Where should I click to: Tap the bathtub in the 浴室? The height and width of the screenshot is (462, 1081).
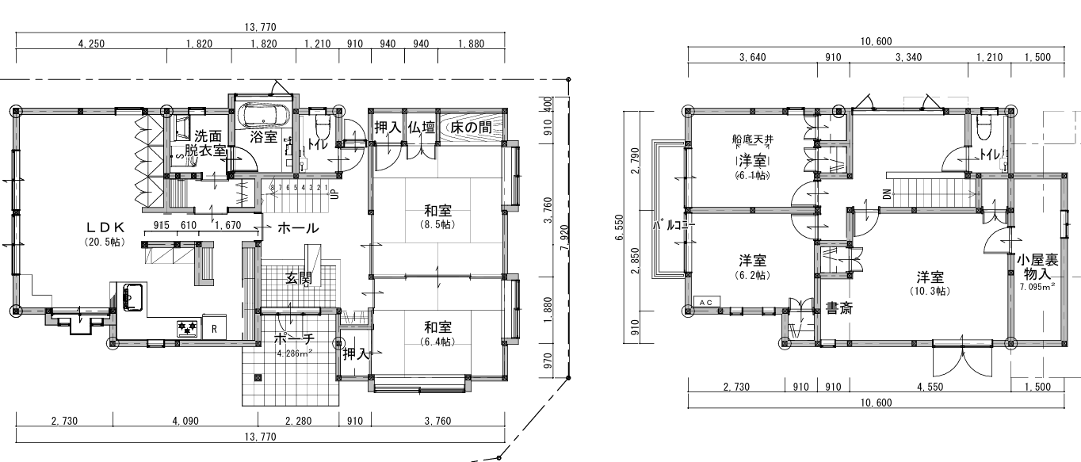[267, 117]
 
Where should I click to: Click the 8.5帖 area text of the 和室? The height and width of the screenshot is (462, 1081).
[437, 223]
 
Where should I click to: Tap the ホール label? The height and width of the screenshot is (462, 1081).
[298, 229]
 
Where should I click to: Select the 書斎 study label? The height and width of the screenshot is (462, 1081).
[839, 307]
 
